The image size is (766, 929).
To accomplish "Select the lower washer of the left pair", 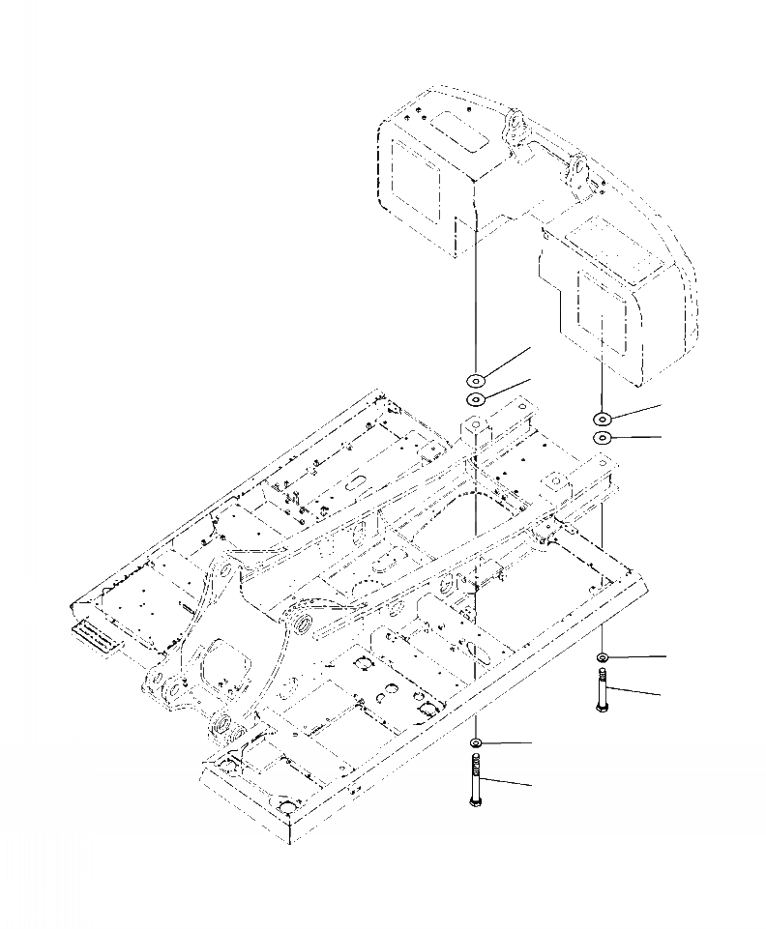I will pos(477,399).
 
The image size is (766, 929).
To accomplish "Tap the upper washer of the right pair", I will pos(602,419).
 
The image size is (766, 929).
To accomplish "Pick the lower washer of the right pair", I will pos(602,438).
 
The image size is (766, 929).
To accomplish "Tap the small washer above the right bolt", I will pos(602,658).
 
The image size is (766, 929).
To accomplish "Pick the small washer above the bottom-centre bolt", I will pos(477,742).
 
